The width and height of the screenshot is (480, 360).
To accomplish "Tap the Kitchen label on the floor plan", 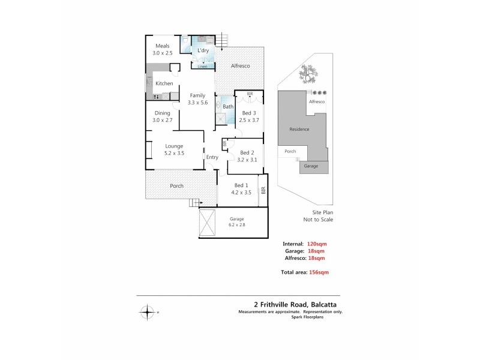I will [x=164, y=83].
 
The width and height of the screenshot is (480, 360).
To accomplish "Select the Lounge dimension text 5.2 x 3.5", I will [x=174, y=153].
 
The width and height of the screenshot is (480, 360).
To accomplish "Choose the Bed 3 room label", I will [x=248, y=113].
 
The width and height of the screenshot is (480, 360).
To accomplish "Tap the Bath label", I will [x=228, y=107].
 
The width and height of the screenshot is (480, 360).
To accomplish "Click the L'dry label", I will [x=203, y=52].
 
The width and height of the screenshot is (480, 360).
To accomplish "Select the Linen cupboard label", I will [x=202, y=66].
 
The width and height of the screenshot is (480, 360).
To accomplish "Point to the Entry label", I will [x=212, y=157].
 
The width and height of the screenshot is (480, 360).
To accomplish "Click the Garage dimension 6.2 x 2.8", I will [x=237, y=225].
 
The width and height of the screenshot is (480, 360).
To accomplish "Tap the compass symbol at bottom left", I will [x=148, y=312].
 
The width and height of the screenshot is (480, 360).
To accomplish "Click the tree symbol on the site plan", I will [x=309, y=76].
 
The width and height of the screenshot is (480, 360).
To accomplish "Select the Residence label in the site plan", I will [x=299, y=129].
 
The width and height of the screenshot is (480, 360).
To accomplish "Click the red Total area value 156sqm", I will [x=319, y=272].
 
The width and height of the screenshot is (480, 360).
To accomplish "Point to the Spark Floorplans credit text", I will [x=324, y=317].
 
